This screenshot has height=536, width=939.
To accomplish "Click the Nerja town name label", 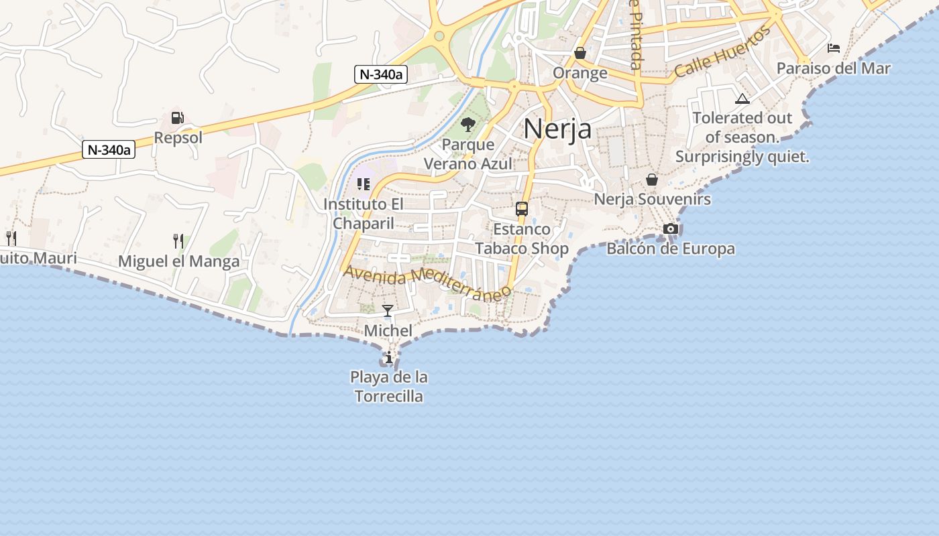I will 557,129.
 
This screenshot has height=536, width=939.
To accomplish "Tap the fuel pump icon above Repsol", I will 177,118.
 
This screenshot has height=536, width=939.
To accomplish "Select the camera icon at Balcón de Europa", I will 670,229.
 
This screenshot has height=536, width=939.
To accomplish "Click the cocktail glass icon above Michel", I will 388,311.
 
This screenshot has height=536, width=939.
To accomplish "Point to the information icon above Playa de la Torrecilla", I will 388,358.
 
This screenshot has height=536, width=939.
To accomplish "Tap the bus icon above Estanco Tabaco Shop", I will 522,209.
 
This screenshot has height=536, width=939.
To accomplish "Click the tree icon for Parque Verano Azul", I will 468,124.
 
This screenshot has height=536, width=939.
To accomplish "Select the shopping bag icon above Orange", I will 580,53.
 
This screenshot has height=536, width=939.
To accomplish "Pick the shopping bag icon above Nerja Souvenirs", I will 652,180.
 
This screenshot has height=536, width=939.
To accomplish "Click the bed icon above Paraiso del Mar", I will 834,48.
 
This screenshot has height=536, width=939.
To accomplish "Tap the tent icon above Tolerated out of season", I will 742,99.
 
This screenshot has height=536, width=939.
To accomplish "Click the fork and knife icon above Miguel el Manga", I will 178,241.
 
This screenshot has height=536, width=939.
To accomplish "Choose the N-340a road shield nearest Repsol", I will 109,149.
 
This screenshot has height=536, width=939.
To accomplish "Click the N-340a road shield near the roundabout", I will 381,74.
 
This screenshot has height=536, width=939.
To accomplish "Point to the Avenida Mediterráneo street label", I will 427,283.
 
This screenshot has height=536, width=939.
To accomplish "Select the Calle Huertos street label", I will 723,53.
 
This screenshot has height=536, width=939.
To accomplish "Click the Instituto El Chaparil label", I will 364,213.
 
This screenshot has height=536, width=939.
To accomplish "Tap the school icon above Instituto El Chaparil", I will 364,184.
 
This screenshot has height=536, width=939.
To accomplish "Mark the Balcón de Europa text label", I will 671,249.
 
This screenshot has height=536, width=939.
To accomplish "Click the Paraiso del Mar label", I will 834,68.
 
